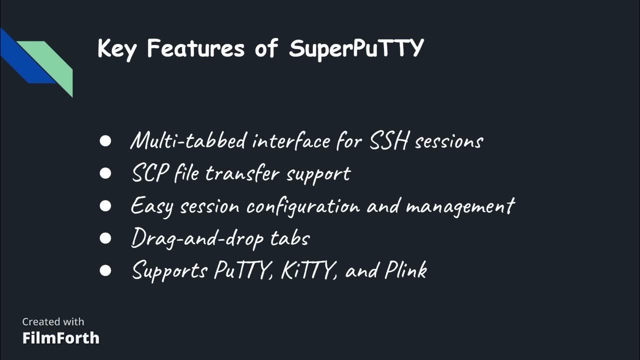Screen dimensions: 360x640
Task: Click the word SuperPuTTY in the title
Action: (x=356, y=49)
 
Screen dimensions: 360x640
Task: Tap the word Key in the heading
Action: (x=116, y=49)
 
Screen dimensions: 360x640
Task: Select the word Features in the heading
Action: (x=195, y=48)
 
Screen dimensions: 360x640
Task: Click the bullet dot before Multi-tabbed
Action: (x=105, y=141)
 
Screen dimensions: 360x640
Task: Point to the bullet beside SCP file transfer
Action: (x=105, y=173)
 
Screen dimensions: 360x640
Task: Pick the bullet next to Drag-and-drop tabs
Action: (x=105, y=238)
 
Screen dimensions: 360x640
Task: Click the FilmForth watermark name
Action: (x=60, y=338)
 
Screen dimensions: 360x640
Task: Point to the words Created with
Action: (x=53, y=321)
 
